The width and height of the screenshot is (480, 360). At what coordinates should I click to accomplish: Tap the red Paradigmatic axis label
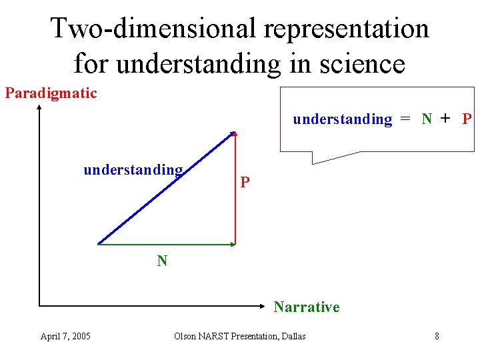click(51, 93)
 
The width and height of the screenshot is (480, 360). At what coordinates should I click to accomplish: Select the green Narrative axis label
click(306, 307)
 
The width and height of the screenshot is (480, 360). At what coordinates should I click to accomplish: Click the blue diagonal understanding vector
click(167, 187)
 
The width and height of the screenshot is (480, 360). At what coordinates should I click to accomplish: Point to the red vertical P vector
click(235, 193)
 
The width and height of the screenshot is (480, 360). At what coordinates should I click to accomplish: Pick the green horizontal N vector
click(167, 245)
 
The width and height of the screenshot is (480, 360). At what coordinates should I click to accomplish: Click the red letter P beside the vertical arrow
click(245, 182)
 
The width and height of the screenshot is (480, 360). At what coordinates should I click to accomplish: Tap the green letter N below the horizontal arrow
click(162, 261)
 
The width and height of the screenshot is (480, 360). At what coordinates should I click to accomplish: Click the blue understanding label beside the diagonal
click(133, 170)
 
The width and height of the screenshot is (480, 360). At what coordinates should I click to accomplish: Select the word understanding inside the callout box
click(343, 119)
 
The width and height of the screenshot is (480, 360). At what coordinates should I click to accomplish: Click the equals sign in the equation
click(405, 119)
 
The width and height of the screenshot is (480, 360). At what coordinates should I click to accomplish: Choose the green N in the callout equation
click(427, 119)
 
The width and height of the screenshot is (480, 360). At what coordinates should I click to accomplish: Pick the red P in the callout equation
click(467, 119)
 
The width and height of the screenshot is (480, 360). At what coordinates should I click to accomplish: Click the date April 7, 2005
click(65, 336)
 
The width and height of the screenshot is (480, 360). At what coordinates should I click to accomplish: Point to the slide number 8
click(437, 336)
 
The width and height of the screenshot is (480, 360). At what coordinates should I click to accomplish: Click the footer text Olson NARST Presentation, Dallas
click(239, 336)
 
